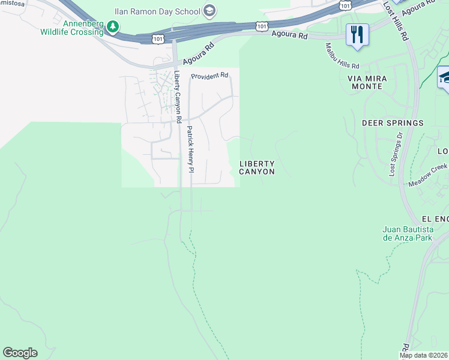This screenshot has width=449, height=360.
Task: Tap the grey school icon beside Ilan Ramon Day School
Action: pyautogui.click(x=209, y=10)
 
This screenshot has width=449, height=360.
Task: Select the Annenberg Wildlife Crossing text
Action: pyautogui.click(x=72, y=28)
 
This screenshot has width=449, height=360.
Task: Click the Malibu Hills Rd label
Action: pyautogui.click(x=342, y=56)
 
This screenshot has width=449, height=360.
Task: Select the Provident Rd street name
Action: pyautogui.click(x=210, y=76)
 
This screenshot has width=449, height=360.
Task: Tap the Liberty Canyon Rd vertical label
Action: pyautogui.click(x=178, y=97)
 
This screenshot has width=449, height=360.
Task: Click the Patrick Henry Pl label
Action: pyautogui.click(x=190, y=149)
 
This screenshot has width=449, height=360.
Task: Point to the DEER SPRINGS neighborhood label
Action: pyautogui.click(x=393, y=123)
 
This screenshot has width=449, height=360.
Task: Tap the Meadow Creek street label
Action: pyautogui.click(x=429, y=175)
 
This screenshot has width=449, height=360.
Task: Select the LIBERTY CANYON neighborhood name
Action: pyautogui.click(x=257, y=167)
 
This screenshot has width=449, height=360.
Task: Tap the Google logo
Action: pyautogui.click(x=20, y=353)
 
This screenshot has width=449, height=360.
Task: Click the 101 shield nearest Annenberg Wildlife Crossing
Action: pyautogui.click(x=157, y=38)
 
